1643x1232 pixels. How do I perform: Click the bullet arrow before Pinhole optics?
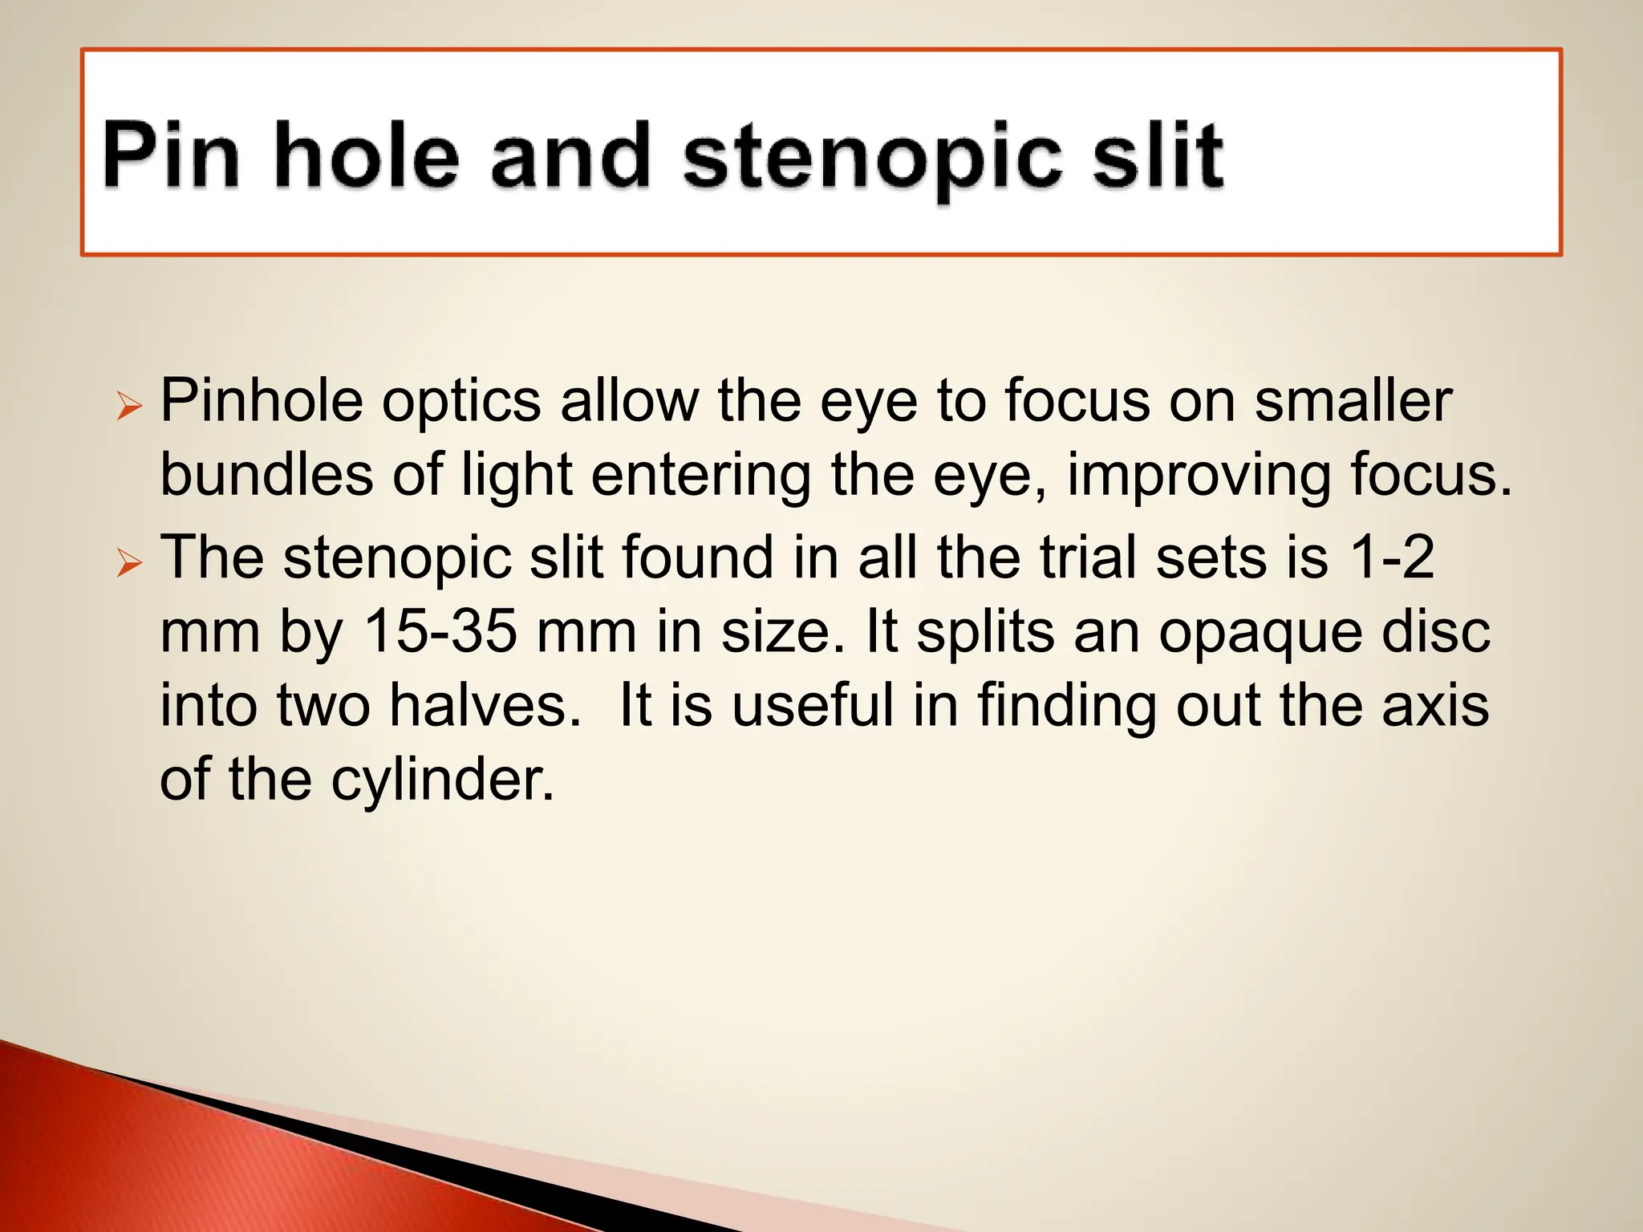click(x=128, y=407)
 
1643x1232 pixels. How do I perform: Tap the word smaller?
click(x=1353, y=400)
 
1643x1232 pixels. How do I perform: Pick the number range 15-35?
click(x=440, y=631)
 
